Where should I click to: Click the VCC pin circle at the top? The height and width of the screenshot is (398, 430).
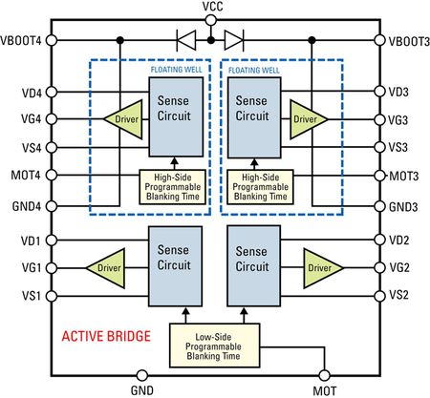pos(210,21)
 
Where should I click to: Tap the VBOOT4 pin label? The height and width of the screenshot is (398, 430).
pos(21,41)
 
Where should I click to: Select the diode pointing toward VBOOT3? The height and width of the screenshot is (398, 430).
pos(234,40)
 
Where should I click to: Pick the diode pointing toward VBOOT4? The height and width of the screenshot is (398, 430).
pos(186,40)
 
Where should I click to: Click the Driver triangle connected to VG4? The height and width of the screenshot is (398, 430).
pos(123,119)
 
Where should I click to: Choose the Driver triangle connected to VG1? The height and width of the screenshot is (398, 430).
pos(106,268)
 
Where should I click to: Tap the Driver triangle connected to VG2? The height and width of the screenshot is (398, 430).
pos(323,268)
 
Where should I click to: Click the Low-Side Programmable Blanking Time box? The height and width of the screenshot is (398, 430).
pos(214,346)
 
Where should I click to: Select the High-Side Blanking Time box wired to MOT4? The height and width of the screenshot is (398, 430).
pos(173,187)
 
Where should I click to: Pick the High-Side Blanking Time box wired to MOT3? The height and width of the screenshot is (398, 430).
pos(260,187)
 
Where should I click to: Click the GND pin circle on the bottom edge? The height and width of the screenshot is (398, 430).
pos(142,376)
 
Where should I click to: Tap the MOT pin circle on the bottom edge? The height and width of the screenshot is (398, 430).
pos(324,376)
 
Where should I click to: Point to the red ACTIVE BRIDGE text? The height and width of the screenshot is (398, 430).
pos(106,336)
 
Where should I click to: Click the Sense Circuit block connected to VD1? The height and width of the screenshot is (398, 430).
pos(175,266)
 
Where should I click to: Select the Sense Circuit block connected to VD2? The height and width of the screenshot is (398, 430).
pos(253,266)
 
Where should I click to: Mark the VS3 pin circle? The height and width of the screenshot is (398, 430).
pos(379,147)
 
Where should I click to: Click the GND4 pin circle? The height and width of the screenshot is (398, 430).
pos(52,206)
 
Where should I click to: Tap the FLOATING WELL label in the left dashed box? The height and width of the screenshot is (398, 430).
pos(176,70)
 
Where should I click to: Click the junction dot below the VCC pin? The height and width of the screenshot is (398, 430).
pos(210,40)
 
